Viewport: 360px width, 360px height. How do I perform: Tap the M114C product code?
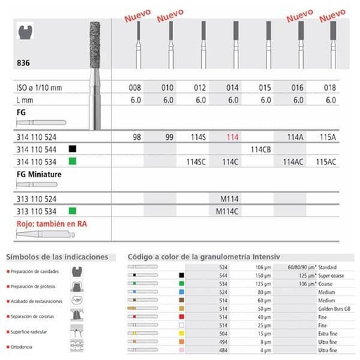click(233, 210)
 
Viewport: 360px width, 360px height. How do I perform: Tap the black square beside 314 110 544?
click(72, 149)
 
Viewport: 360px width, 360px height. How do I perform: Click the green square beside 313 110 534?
click(72, 210)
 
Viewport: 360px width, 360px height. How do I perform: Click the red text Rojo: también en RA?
click(48, 225)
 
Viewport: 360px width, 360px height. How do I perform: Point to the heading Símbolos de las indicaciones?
click(57, 257)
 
